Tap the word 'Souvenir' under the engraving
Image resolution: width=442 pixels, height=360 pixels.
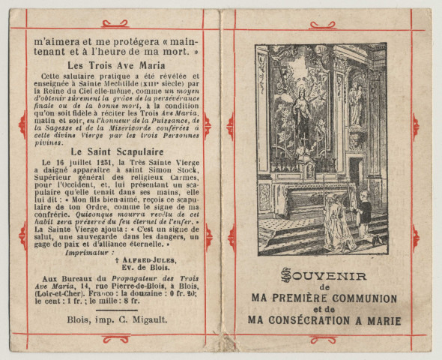pyautogui.click(x=324, y=275)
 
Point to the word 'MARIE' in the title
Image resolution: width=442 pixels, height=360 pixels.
pyautogui.click(x=380, y=321)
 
